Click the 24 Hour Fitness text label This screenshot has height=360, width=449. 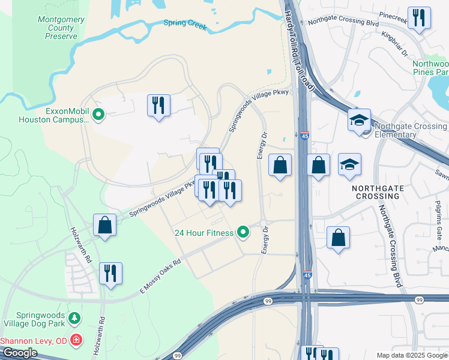point(203,233)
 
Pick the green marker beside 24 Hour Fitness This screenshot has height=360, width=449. point(243,231)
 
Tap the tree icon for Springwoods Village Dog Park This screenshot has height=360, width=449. point(74,317)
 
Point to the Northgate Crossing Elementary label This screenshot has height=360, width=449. point(410,130)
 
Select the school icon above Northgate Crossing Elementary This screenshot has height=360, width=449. point(359,120)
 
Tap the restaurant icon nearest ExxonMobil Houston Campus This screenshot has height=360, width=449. point(158,106)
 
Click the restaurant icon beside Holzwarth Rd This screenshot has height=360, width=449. point(110,273)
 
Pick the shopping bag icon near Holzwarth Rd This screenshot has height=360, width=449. point(105,226)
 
